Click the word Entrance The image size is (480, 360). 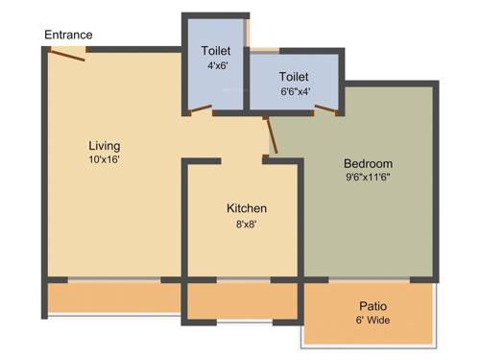pos(68,36)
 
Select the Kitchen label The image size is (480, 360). pos(247,208)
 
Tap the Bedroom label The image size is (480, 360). pos(369,162)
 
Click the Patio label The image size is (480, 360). pos(374,306)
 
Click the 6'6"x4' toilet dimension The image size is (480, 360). pos(294,92)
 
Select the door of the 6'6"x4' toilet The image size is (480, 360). pos(325,109)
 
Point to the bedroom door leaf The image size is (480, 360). pos(271,133)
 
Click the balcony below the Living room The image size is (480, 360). pos(113,299)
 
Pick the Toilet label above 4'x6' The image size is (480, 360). pos(216,51)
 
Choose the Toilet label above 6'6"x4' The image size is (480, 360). pos(294,76)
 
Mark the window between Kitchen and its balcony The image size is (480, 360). pos(243,280)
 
